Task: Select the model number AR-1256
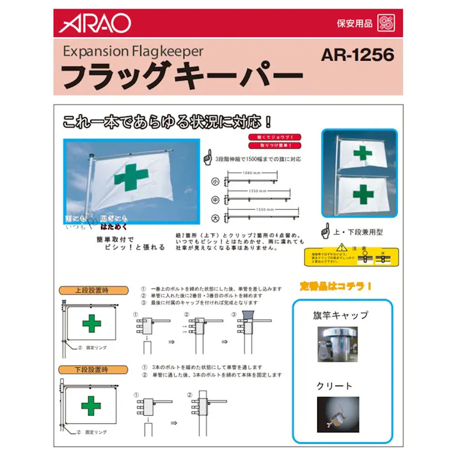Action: pyautogui.click(x=358, y=56)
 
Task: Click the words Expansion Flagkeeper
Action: pyautogui.click(x=133, y=51)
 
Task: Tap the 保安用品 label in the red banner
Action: pyautogui.click(x=354, y=24)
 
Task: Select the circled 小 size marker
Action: pyautogui.click(x=216, y=182)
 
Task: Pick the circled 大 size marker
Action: pyautogui.click(x=216, y=217)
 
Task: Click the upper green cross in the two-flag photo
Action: pyautogui.click(x=363, y=153)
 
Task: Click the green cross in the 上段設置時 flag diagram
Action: pyautogui.click(x=91, y=324)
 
